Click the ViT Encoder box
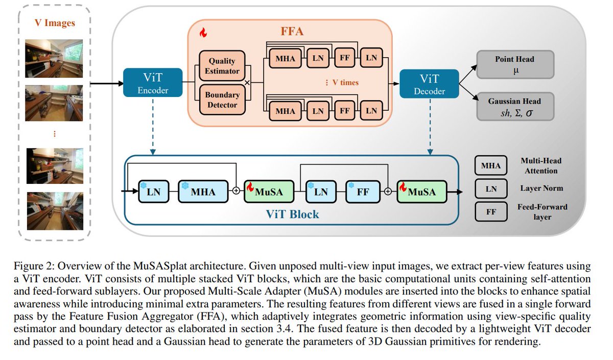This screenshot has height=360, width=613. (x=153, y=83)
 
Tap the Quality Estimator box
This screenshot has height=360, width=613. (x=222, y=66)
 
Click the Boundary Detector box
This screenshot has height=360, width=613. (x=222, y=100)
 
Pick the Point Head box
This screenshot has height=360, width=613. (x=515, y=64)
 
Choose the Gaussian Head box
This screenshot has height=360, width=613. (x=515, y=106)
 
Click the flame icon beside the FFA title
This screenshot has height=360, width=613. (x=203, y=33)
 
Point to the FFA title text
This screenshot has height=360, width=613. (x=292, y=31)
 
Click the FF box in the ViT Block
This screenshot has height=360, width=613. (x=363, y=192)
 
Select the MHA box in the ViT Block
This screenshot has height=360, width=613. (x=202, y=192)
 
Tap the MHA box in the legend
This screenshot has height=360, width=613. (x=491, y=165)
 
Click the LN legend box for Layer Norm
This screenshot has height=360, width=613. (x=491, y=188)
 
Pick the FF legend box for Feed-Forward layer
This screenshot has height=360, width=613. (x=491, y=211)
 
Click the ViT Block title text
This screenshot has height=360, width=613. (x=292, y=214)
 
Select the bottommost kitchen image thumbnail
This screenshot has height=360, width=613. (x=54, y=209)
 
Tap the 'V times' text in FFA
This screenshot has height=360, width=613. (x=342, y=83)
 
